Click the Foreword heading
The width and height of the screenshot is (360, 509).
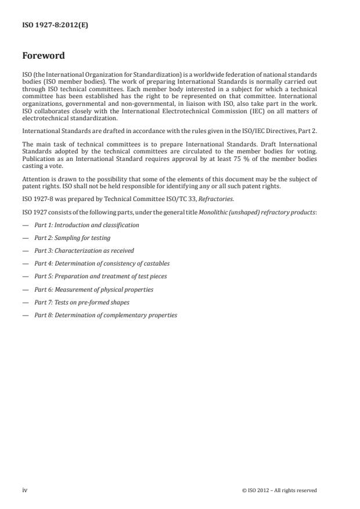coord(43,56)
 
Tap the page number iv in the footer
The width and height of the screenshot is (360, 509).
coord(25,490)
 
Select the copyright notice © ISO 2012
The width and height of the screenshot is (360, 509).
coord(279,490)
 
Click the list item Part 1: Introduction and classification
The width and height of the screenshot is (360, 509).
coord(87,225)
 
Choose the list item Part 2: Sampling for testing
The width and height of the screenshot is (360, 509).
coord(72,238)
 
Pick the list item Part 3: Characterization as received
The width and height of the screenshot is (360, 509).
coord(84,250)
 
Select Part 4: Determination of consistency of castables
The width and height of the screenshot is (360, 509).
coord(102,263)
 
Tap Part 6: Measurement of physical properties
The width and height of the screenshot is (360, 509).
coord(93,289)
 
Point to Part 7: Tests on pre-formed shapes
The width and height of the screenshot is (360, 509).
coord(82,302)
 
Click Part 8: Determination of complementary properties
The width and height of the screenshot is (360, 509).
coord(106,315)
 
